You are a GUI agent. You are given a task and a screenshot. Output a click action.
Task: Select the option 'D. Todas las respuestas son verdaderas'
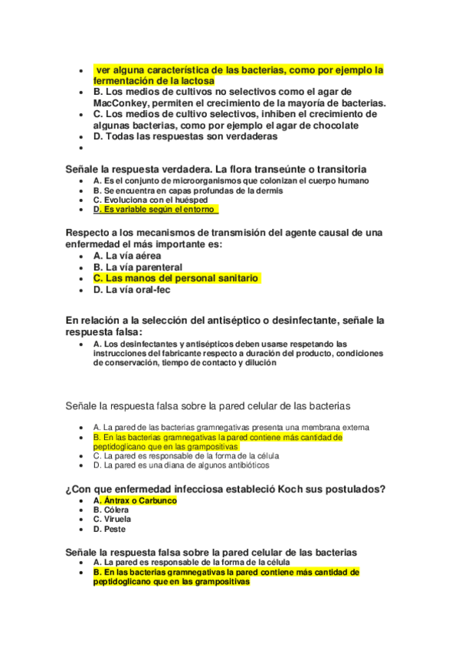[185, 137]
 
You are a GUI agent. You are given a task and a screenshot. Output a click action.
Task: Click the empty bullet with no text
[81, 148]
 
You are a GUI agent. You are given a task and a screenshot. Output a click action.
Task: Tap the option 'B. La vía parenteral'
[138, 267]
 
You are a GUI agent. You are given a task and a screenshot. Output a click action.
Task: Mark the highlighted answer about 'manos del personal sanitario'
[176, 279]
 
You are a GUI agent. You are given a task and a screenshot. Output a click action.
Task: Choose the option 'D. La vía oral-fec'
[132, 290]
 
